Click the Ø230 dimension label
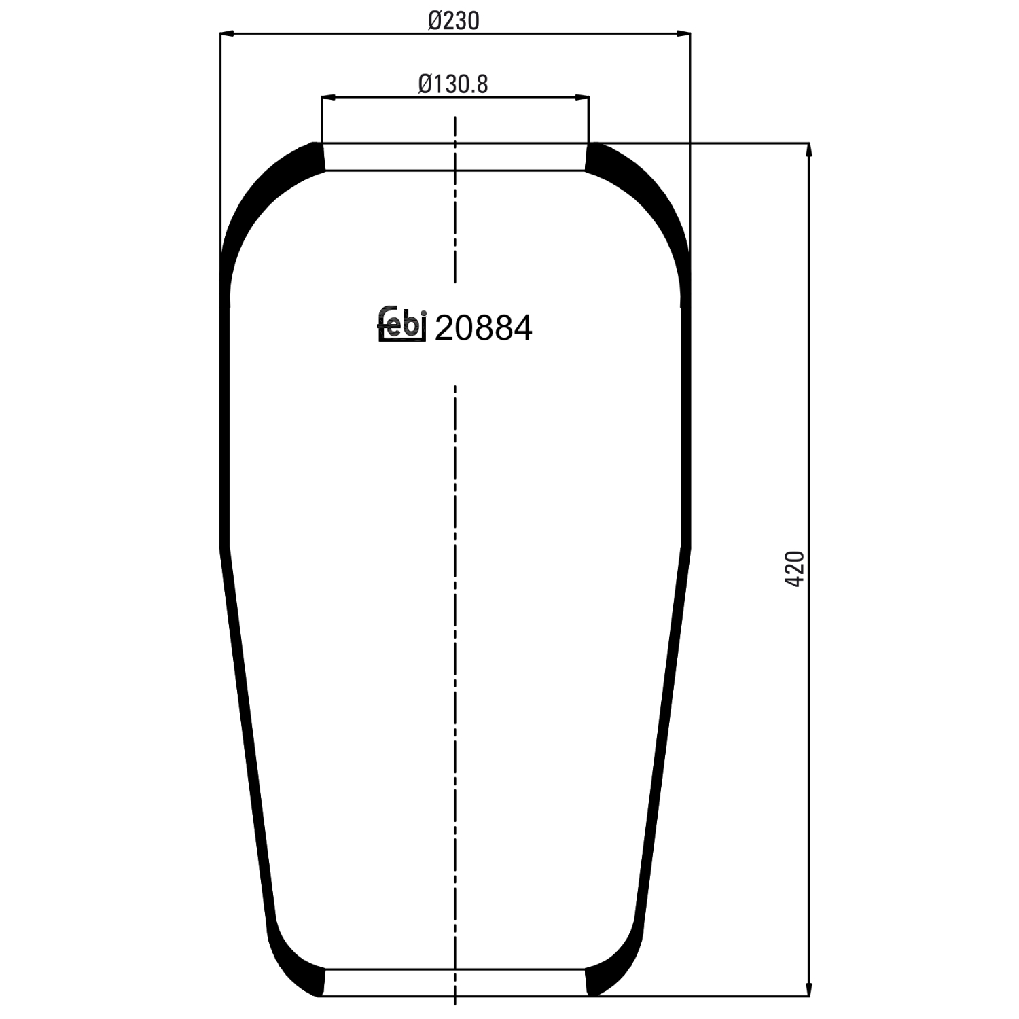[x=454, y=21]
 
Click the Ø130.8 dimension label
[x=453, y=84]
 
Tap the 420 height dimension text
[x=794, y=569]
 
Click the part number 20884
[x=483, y=329]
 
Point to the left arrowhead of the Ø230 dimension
[x=227, y=33]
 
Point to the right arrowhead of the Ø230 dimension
[x=683, y=33]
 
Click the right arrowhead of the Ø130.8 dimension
[x=582, y=98]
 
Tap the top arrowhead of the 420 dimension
[x=808, y=150]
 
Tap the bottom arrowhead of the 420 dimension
[x=808, y=989]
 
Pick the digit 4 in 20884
[x=522, y=329]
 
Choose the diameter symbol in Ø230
[x=435, y=21]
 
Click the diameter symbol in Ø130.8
[x=425, y=84]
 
